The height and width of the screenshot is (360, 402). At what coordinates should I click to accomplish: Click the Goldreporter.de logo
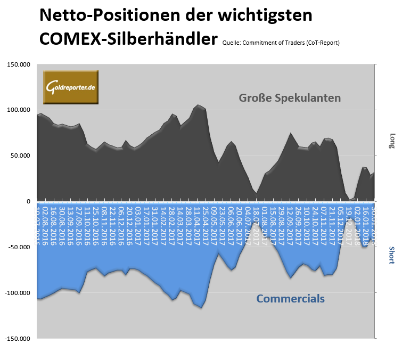pos(71,86)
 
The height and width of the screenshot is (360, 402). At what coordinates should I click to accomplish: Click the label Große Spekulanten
pos(290,98)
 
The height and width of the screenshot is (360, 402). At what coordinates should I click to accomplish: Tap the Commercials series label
pos(290,299)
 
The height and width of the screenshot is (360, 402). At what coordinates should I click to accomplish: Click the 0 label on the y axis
pos(29,201)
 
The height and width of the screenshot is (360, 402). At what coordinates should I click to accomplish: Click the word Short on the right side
pos(392,255)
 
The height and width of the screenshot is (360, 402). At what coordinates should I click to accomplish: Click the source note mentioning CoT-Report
pos(281,43)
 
